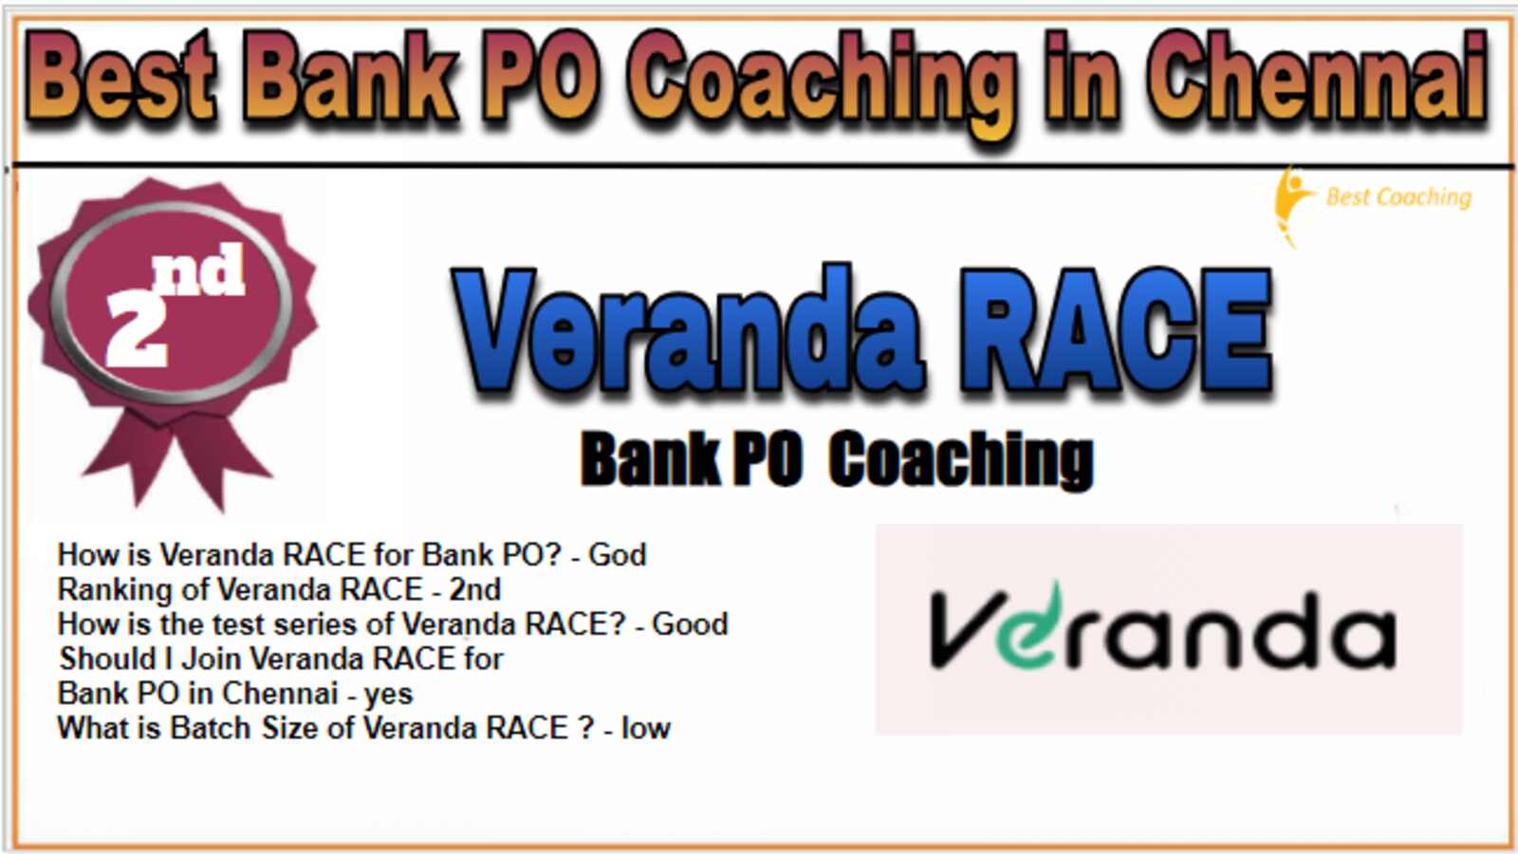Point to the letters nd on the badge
pyautogui.click(x=198, y=269)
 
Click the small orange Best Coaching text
pyautogui.click(x=1398, y=198)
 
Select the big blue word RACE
pyautogui.click(x=1116, y=331)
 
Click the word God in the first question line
pyautogui.click(x=617, y=555)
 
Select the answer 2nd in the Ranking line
pyautogui.click(x=475, y=589)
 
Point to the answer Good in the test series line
pyautogui.click(x=689, y=624)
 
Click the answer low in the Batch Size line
pyautogui.click(x=646, y=728)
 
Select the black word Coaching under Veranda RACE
pyautogui.click(x=961, y=460)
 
